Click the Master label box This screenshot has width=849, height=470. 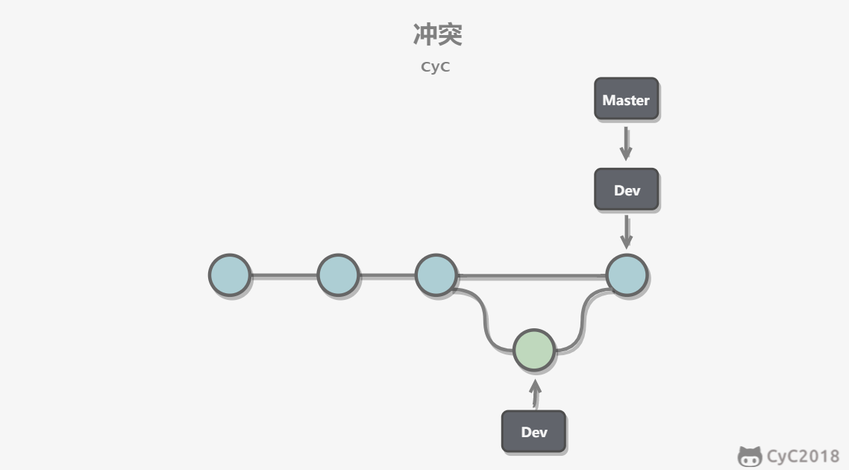pyautogui.click(x=627, y=98)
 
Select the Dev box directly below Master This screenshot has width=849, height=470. pyautogui.click(x=627, y=189)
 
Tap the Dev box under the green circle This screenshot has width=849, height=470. pyautogui.click(x=534, y=431)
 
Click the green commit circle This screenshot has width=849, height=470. pyautogui.click(x=534, y=350)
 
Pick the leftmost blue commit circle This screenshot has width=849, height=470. pyautogui.click(x=230, y=275)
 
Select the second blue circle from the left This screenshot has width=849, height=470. pyautogui.click(x=338, y=275)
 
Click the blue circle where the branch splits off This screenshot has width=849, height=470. pyautogui.click(x=436, y=275)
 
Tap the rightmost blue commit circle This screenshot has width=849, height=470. pyautogui.click(x=627, y=275)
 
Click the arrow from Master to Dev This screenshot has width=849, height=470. pyautogui.click(x=626, y=143)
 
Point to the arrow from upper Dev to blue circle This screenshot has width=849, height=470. pyautogui.click(x=627, y=232)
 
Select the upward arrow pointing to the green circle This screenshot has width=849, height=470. pyautogui.click(x=536, y=394)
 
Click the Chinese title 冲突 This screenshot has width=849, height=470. pyautogui.click(x=437, y=34)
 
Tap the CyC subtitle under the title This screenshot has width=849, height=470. pyautogui.click(x=436, y=66)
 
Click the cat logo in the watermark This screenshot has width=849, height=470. pyautogui.click(x=750, y=457)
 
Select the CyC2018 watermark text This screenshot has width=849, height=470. pyautogui.click(x=803, y=457)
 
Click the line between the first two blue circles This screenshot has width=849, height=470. pyautogui.click(x=283, y=276)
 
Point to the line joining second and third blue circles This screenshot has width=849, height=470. pyautogui.click(x=387, y=276)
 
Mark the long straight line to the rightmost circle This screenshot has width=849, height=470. pyautogui.click(x=532, y=276)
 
